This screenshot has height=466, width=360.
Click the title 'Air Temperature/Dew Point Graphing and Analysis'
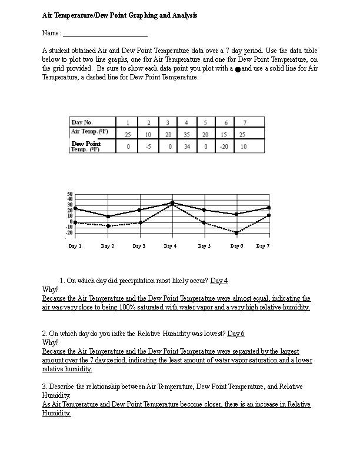point(119,15)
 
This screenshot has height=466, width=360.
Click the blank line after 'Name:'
point(105,36)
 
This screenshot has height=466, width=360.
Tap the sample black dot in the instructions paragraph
point(237,69)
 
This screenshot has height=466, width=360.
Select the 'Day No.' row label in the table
point(82,122)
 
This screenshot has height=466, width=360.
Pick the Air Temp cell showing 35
point(186,134)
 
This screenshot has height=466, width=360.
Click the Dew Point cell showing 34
point(186,147)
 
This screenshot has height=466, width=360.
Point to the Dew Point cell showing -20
point(226,147)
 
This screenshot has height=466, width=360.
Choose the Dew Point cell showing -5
point(148,147)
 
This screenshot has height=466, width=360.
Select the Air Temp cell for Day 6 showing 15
point(226,134)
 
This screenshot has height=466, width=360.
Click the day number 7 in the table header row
point(245,122)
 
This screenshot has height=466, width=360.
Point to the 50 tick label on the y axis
point(69,194)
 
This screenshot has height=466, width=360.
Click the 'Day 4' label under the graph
point(170,246)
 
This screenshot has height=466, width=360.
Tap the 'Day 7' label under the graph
point(263,246)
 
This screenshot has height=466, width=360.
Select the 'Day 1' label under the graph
point(75,246)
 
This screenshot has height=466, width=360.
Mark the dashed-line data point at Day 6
point(236,233)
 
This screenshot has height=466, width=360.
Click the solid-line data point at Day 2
point(108,217)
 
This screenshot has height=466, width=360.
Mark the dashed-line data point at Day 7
point(269,215)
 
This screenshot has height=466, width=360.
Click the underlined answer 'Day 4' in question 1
point(219,281)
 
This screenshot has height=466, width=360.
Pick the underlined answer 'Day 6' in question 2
point(236,334)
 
